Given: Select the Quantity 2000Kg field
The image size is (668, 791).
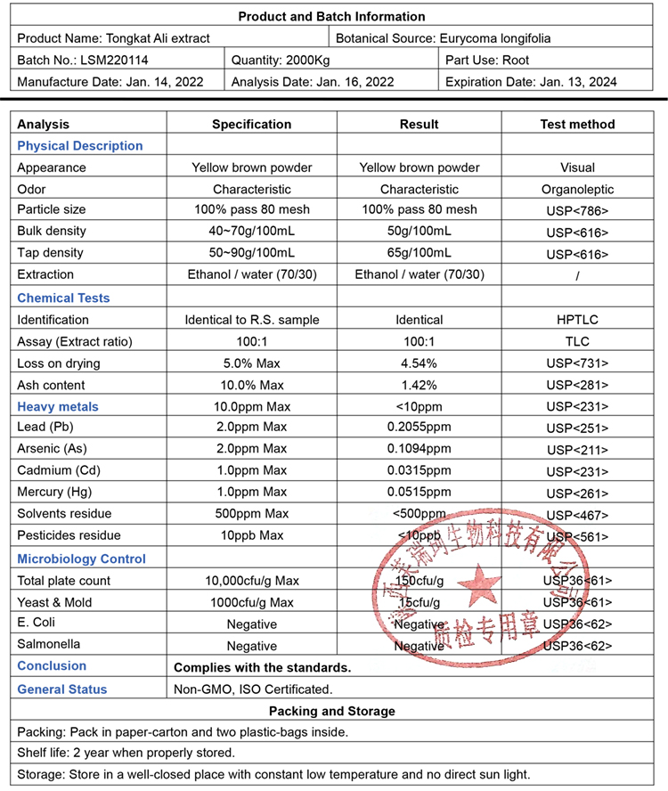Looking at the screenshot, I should coord(281,60).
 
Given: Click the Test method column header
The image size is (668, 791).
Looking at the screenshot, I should coord(577,124).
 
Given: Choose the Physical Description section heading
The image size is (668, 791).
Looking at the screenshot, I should coord(80,145).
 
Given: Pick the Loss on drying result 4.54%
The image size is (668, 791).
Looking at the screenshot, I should coord(419,363).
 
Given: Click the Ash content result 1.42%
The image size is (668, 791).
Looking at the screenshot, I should coord(419,385).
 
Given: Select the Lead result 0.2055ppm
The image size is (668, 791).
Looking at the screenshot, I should coord(419,428).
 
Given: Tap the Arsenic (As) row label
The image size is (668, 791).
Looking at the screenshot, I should coord(53,449).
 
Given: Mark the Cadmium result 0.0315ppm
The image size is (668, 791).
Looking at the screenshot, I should coord(419,470).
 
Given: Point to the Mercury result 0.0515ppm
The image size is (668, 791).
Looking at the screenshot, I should coord(419,492).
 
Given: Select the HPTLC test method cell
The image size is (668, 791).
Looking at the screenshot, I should coord(577,320).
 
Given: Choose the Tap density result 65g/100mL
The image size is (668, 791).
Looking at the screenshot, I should coord(419,253).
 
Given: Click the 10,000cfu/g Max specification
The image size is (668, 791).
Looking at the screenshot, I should coord(252,581).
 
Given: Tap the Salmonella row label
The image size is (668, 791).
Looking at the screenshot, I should coord(48,644).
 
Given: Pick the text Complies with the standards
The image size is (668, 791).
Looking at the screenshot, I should coord(262,667).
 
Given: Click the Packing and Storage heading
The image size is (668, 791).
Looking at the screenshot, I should coord(332,711).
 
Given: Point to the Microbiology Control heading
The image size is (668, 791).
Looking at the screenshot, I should coord(82,559).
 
